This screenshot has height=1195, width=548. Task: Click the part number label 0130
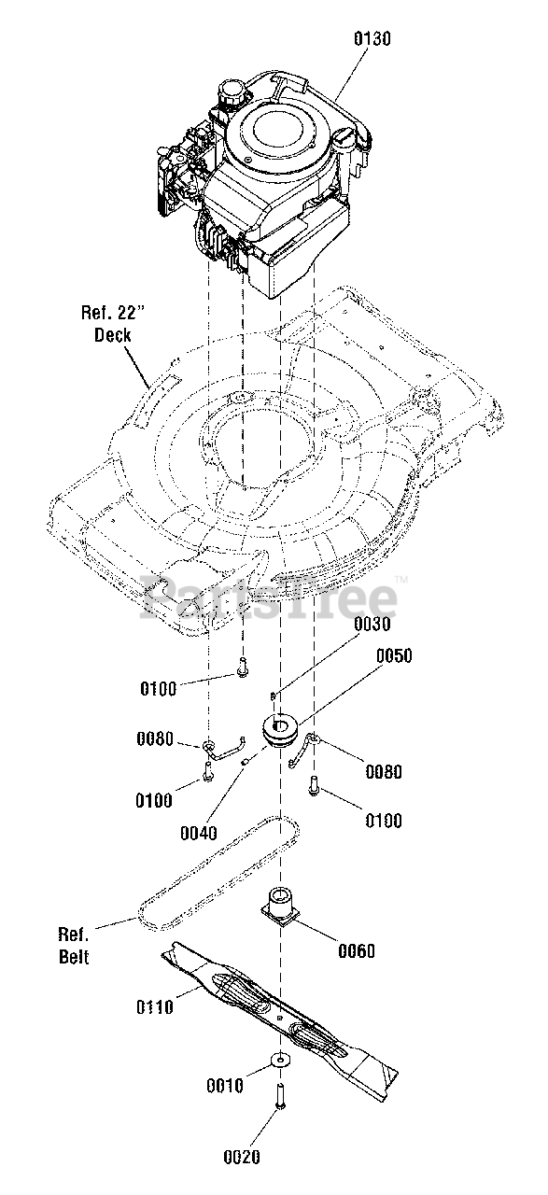tap(372, 39)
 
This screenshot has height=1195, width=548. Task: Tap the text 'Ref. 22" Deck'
tap(113, 324)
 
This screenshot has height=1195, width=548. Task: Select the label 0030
tap(372, 624)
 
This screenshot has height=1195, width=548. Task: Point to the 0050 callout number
tap(394, 655)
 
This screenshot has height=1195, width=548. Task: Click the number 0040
tap(199, 833)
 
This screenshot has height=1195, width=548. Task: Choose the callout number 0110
tap(155, 1006)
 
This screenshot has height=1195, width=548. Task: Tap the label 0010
tap(225, 1086)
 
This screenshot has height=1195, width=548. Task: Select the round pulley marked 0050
tap(280, 731)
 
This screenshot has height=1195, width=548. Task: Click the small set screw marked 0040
tap(245, 762)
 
